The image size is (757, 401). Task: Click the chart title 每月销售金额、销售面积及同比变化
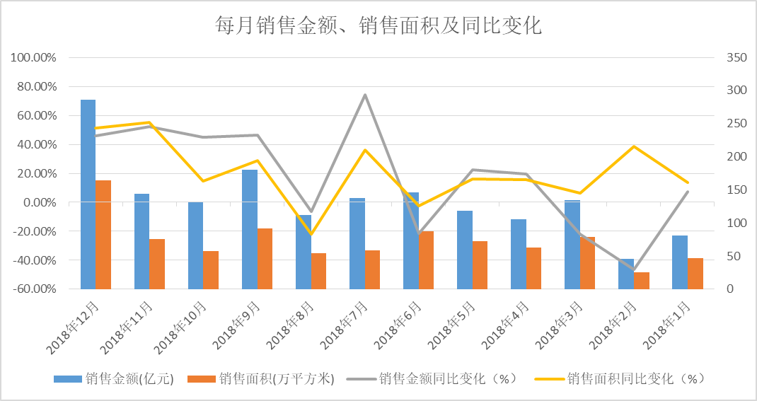click(x=378, y=26)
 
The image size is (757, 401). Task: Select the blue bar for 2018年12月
click(x=88, y=194)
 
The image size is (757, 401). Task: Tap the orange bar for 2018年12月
click(x=104, y=235)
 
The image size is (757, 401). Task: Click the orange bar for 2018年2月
click(x=642, y=281)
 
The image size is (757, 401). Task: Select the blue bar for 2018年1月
click(x=680, y=262)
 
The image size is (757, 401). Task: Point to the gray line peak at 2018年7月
click(x=364, y=95)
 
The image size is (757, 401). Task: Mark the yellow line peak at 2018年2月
click(x=633, y=146)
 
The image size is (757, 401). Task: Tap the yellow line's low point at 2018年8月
click(x=311, y=234)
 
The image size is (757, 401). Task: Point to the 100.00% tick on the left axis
click(x=34, y=57)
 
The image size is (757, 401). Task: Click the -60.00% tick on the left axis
click(x=34, y=289)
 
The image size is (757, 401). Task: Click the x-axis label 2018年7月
click(x=347, y=325)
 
